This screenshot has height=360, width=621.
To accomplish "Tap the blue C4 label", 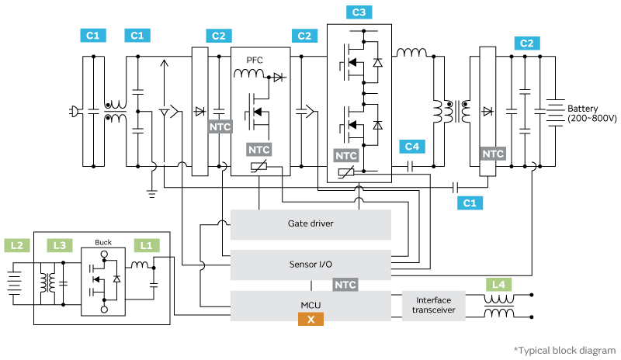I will (411, 146).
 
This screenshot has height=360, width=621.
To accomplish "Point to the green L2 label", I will (16, 245).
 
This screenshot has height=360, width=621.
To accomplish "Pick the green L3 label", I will (59, 245).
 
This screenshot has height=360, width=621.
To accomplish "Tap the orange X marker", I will (310, 319).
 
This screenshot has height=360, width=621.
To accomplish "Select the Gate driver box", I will (310, 223).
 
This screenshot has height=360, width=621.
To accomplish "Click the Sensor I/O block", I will (310, 265).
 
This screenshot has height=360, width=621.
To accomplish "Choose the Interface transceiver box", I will (434, 306).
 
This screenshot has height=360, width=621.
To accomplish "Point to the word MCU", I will (310, 305).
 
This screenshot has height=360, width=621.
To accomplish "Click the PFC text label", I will (255, 60).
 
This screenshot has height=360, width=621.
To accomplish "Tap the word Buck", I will (103, 241).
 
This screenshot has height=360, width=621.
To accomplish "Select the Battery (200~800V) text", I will (592, 113).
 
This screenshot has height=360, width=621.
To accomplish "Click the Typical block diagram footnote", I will (565, 350).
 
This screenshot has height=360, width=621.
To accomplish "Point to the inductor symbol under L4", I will (498, 311).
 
